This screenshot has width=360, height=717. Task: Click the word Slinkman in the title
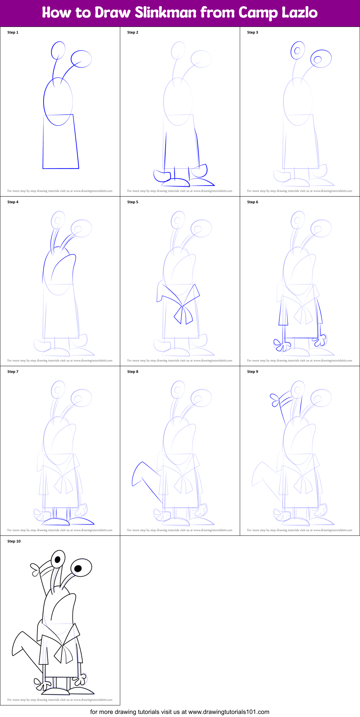[x=166, y=13]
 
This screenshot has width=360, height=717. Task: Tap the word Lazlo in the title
[x=300, y=13]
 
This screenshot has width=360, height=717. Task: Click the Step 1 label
[x=13, y=32]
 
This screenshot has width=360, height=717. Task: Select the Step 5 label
[x=133, y=202]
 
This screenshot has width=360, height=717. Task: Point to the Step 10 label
[x=14, y=541]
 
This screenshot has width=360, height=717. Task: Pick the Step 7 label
[x=13, y=372]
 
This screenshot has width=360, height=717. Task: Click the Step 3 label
[x=253, y=32]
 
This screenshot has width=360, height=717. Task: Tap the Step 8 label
[x=133, y=372]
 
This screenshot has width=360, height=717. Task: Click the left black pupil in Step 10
[x=58, y=559]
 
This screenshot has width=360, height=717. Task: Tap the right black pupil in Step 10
[x=78, y=568]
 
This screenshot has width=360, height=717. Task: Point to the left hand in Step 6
[x=281, y=345]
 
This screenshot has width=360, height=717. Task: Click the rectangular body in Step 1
[x=61, y=146]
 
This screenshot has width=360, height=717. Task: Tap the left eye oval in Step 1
[x=58, y=51]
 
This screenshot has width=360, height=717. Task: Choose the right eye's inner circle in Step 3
[x=317, y=60]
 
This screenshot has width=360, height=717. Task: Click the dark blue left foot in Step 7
[x=56, y=521]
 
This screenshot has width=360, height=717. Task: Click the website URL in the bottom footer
[x=229, y=712]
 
